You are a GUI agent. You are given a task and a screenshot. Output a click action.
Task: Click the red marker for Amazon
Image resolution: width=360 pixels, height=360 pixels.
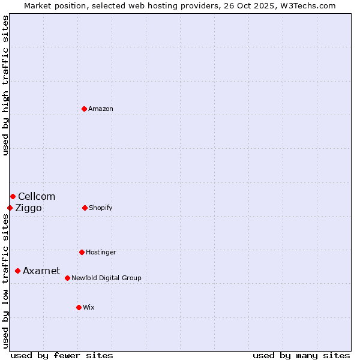pos(85,109)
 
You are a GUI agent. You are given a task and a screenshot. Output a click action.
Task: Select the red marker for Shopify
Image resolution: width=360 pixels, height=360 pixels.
pos(85,208)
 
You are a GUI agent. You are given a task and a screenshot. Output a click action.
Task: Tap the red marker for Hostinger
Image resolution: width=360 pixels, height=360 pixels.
pos(82,252)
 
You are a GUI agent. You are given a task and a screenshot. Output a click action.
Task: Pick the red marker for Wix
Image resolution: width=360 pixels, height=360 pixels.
pos(79,307)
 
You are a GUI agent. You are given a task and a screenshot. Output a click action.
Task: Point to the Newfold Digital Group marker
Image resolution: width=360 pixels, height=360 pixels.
pos(67,278)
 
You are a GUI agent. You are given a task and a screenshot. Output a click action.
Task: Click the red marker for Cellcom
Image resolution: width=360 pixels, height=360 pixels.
pos(13,196)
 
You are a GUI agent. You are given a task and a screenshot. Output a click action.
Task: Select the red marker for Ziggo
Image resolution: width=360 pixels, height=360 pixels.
pos(10,208)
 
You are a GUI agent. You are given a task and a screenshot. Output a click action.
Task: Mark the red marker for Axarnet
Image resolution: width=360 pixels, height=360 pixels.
pos(17,271)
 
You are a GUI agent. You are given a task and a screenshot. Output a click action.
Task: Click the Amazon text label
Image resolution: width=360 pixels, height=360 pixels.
pos(101,109)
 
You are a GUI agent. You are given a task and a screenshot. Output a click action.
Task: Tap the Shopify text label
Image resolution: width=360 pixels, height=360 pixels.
pos(101,208)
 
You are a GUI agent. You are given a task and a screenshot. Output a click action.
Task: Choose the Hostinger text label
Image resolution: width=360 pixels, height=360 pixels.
pos(101,253)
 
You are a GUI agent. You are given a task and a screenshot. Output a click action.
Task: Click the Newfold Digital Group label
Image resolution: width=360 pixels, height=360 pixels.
pos(106,278)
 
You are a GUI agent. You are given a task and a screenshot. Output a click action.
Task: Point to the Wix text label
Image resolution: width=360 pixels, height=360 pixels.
pos(89,308)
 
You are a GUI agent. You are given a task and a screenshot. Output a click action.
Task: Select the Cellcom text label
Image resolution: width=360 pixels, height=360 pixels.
pos(37,197)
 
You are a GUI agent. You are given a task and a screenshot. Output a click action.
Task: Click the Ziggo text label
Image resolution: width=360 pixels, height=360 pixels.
pos(28,208)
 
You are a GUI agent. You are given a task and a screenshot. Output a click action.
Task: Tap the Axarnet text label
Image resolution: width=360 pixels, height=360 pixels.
pos(41,271)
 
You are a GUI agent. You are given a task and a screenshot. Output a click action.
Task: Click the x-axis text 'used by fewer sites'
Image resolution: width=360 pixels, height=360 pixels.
pos(62,356)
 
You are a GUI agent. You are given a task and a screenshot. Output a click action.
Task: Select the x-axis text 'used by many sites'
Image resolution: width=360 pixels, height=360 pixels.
pos(301,356)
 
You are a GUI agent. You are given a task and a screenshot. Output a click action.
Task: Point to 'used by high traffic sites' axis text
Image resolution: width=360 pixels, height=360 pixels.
pos(5,85)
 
